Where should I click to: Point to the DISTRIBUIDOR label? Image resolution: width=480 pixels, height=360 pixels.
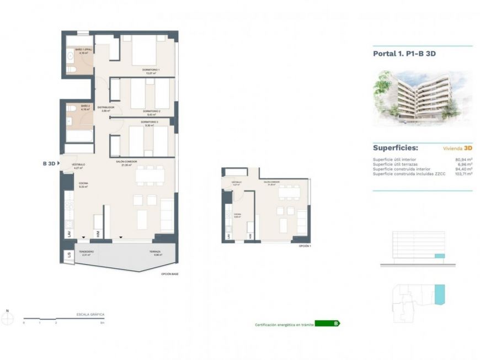tap(105, 107)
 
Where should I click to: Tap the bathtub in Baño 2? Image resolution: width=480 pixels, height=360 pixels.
tap(79, 135)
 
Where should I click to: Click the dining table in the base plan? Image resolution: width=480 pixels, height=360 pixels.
tap(150, 175)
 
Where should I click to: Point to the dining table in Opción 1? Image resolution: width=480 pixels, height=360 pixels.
tap(289, 193)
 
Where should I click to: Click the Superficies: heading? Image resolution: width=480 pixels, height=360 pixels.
tap(395, 148)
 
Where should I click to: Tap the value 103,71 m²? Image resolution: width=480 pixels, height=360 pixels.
tap(463, 173)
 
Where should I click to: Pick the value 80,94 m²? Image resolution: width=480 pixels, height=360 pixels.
tap(463, 160)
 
